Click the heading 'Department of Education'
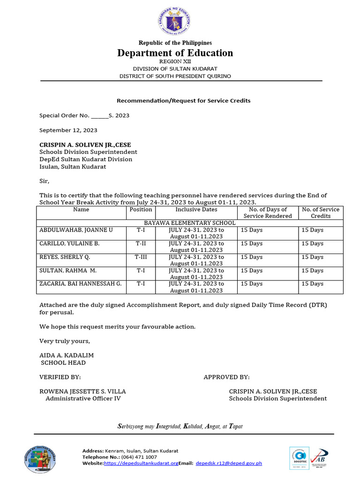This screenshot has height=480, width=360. pos(175,53)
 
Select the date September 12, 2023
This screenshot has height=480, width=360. pos(68,130)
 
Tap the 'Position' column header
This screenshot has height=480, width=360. pos(141,210)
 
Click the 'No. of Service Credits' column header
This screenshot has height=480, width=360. pos(321,213)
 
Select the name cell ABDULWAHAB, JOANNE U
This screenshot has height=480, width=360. pos(76,230)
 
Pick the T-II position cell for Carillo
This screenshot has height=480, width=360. pos(141,244)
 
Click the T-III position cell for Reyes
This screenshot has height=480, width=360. pos(141,257)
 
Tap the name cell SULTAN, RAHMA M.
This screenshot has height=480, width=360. pos(68,270)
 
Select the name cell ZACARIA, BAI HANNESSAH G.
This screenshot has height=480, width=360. pos(80,284)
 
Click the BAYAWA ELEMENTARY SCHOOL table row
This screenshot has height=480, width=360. pos(190,223)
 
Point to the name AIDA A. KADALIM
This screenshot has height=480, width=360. pos(67,355)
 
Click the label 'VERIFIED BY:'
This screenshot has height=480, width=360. pos(60,377)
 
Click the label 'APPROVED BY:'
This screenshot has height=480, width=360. pos(226,377)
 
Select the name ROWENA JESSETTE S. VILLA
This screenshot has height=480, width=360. pos(82,391)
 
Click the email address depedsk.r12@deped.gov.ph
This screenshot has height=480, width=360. pos(229,463)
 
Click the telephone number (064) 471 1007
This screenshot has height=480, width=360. pos(139,457)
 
